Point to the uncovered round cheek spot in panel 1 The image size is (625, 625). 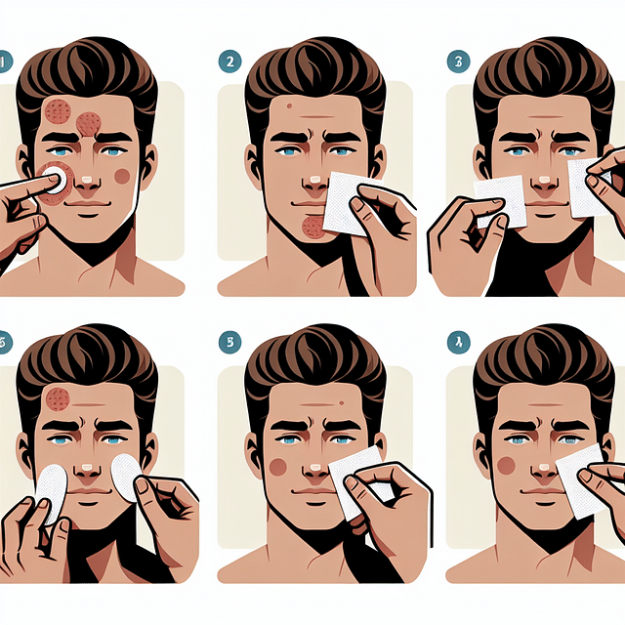tap(122, 176)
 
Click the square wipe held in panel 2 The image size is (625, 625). tap(344, 203)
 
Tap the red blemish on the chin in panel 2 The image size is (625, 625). tap(314, 228)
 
